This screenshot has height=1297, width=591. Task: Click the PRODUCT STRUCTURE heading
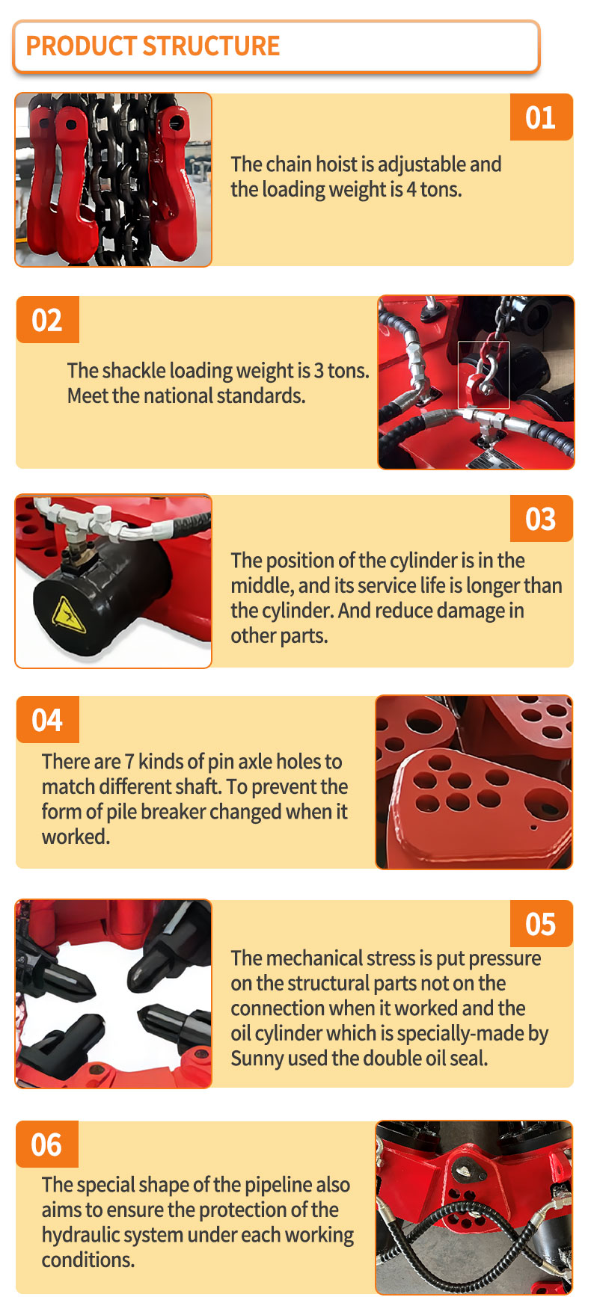(x=153, y=46)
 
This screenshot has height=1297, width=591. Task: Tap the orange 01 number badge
(x=541, y=117)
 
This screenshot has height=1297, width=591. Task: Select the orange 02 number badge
(x=47, y=320)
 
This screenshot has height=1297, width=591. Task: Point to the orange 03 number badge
(x=541, y=519)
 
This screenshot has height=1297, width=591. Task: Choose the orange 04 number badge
(x=47, y=720)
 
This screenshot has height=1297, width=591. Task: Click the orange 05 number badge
(x=541, y=924)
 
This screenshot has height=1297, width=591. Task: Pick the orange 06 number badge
(x=47, y=1144)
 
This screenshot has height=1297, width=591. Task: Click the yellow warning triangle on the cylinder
(x=69, y=615)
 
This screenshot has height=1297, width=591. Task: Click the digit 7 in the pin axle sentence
(x=129, y=762)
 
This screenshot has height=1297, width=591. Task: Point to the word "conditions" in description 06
(x=87, y=1260)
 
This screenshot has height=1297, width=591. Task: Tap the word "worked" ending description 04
(x=74, y=837)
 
